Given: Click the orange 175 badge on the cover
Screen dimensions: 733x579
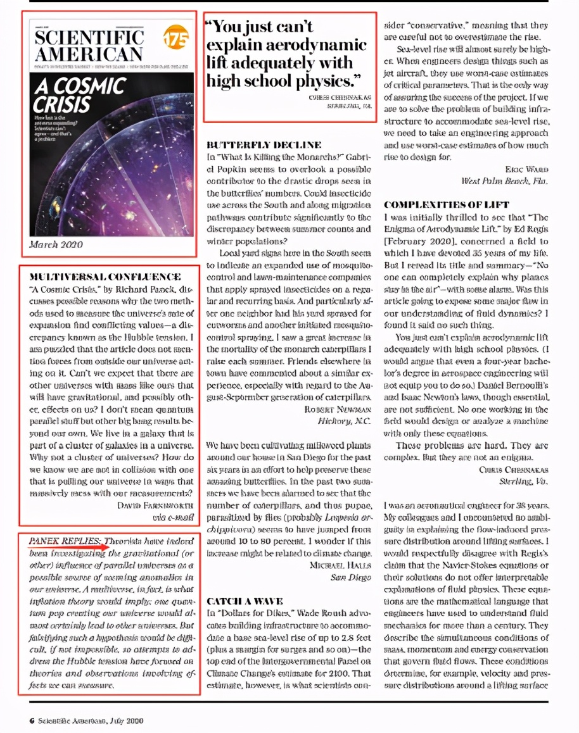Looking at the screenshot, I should (x=175, y=38).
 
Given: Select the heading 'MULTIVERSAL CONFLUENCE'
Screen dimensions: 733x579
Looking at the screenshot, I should (x=105, y=277).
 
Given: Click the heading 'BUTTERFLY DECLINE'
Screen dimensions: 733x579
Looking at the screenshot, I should (x=264, y=145).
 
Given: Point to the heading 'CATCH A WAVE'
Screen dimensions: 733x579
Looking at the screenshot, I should (x=245, y=601).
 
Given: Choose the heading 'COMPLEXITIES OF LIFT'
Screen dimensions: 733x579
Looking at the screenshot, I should (x=447, y=205).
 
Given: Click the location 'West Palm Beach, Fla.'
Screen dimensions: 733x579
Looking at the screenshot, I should (x=505, y=181).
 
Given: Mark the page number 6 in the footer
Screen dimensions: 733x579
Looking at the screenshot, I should (x=31, y=720).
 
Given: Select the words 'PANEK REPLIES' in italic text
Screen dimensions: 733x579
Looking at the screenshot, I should (x=63, y=541).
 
